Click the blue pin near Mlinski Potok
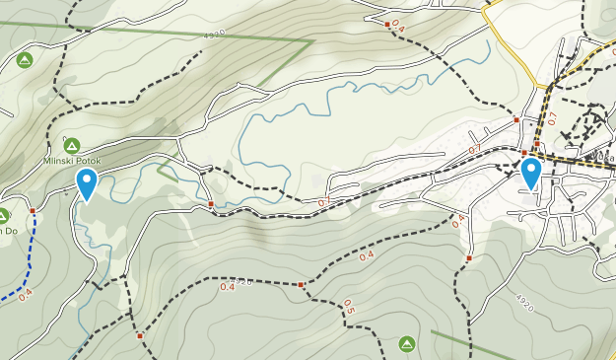87,182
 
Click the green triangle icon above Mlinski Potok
70,143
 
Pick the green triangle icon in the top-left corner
25,61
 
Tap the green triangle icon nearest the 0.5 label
406,343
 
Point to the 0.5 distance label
348,307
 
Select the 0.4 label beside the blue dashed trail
25,292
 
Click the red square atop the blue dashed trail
33,210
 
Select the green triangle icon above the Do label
3,214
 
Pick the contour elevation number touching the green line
214,34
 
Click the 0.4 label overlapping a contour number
228,286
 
